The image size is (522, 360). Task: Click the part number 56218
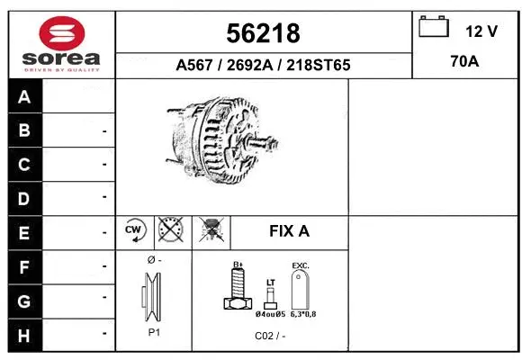[x=263, y=33]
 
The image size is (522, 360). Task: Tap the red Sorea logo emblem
[x=61, y=31]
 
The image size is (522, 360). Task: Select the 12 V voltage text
[x=481, y=31]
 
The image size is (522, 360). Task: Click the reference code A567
[x=195, y=66]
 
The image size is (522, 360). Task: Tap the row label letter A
[x=24, y=97]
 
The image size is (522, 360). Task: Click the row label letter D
[x=24, y=198]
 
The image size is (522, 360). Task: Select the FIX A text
[x=289, y=231]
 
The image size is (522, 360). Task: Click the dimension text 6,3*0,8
[x=301, y=314]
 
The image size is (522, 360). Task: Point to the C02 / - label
[x=269, y=336]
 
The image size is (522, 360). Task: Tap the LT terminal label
[x=270, y=282]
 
